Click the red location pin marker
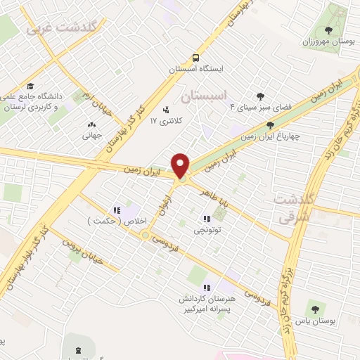tap(181, 166)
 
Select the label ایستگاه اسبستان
tap(196, 70)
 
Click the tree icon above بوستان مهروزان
tap(328, 30)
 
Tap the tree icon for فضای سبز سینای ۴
tap(261, 96)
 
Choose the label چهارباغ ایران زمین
tap(269, 136)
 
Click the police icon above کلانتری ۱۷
tap(166, 110)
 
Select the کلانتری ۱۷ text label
tap(166, 122)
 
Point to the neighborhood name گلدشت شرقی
tap(293, 209)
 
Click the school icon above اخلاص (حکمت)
tap(117, 209)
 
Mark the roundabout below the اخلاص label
tap(145, 236)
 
